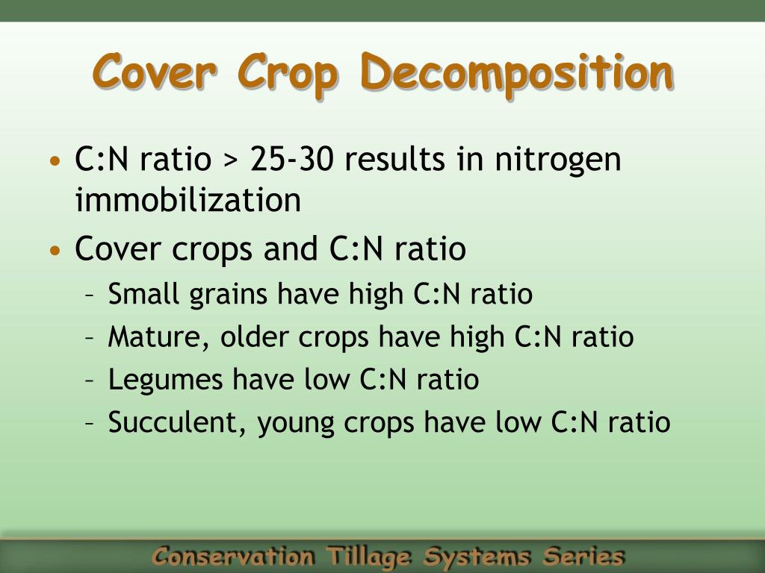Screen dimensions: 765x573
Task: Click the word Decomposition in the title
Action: (x=517, y=74)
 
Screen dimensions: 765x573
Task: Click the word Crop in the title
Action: (x=288, y=74)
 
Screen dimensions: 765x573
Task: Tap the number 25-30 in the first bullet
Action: (x=291, y=159)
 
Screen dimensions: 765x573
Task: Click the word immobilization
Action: (x=188, y=199)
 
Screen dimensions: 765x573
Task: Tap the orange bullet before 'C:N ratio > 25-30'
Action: (x=55, y=161)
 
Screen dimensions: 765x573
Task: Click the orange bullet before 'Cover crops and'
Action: (x=55, y=251)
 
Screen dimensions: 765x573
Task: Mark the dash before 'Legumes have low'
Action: (x=90, y=381)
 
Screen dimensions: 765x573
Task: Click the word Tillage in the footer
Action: (x=368, y=557)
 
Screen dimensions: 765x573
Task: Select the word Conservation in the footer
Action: (x=233, y=556)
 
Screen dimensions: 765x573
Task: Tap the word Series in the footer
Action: (x=583, y=555)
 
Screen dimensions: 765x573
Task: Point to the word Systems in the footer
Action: (x=476, y=557)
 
